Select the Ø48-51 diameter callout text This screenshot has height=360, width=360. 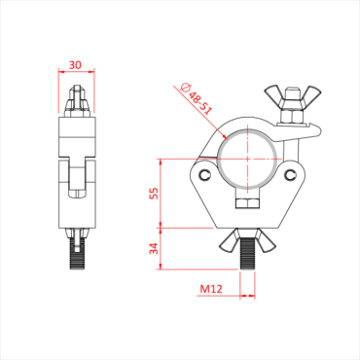[x=198, y=98]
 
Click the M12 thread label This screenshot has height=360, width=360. [x=211, y=289]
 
